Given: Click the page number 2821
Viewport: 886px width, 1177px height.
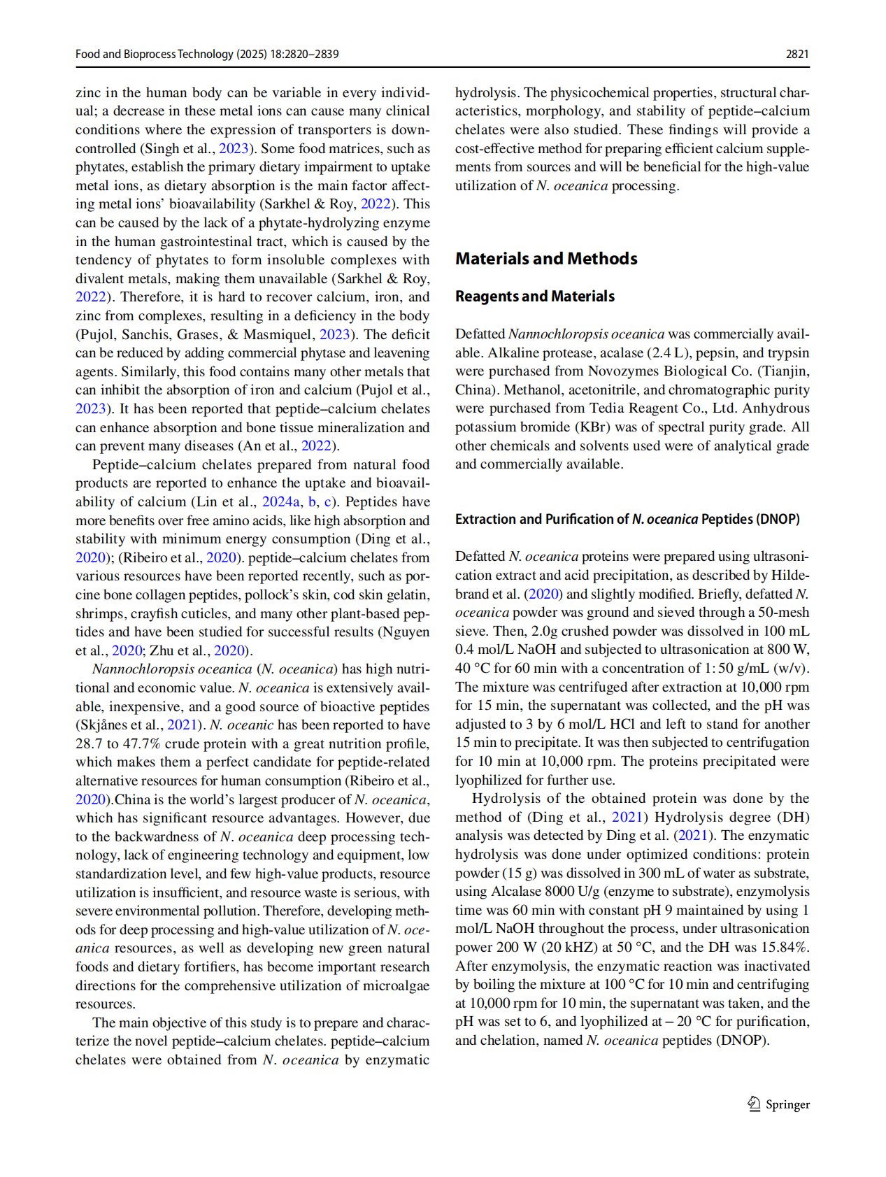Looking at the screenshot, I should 797,54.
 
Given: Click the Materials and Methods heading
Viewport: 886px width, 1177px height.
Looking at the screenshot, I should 546,259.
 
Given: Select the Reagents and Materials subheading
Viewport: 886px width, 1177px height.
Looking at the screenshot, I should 535,297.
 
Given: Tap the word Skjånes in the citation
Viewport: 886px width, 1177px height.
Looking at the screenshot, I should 102,725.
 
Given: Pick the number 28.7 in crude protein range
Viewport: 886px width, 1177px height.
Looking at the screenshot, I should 88,743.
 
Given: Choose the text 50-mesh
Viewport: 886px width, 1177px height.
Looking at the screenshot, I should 781,613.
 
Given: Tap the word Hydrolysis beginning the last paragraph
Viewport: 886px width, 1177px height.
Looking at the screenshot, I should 503,799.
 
